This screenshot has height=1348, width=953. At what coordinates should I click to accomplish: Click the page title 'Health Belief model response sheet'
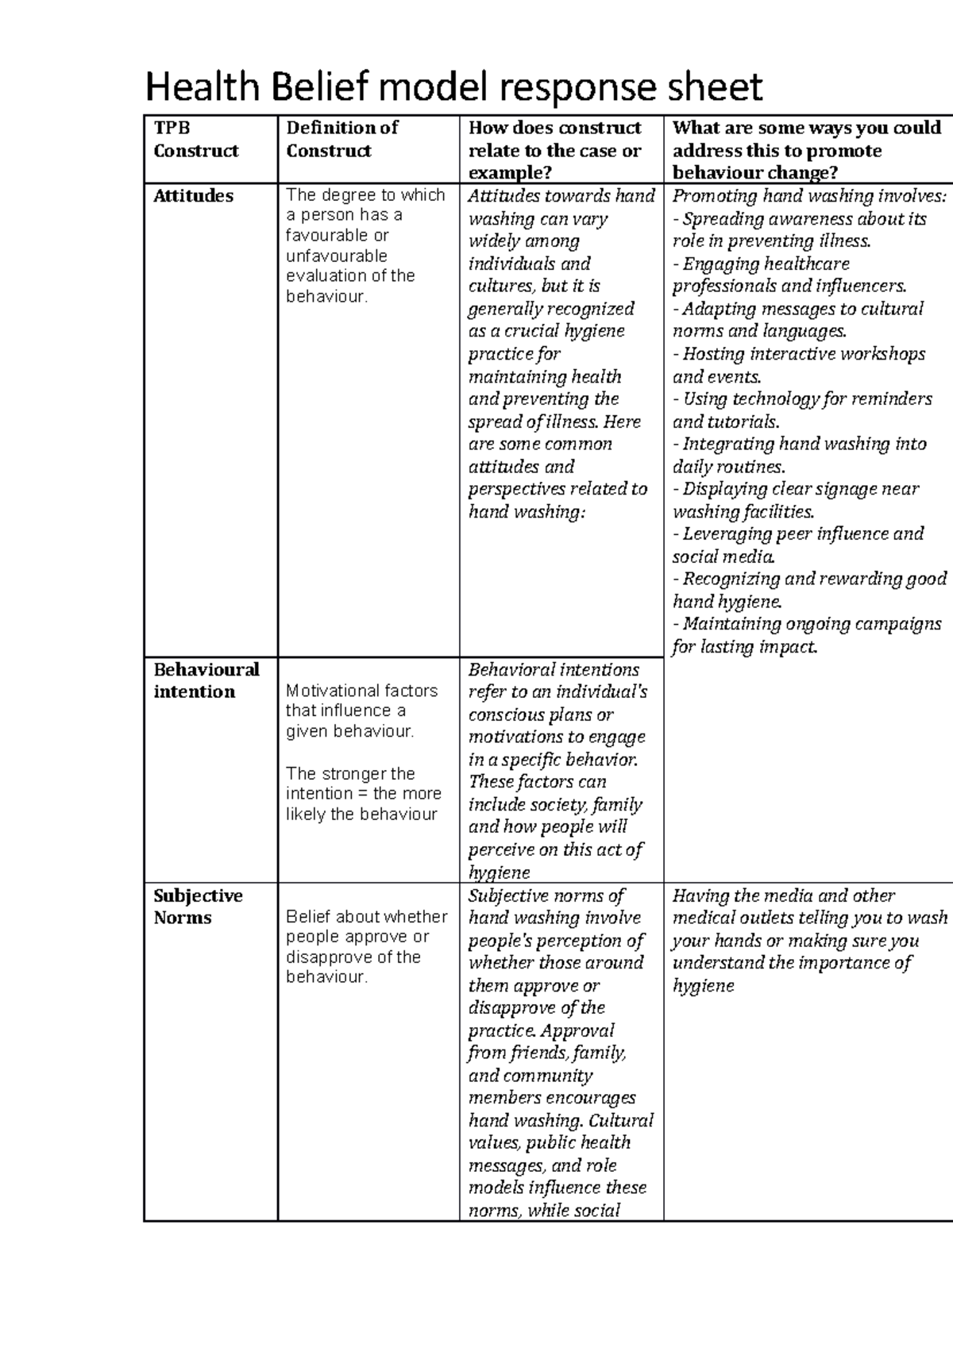(453, 87)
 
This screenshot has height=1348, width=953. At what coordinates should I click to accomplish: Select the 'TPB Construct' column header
(195, 139)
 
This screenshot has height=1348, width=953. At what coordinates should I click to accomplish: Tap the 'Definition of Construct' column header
(341, 139)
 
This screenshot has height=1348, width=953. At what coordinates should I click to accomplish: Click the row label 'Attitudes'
(193, 196)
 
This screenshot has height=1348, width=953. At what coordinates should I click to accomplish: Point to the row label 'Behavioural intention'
(206, 680)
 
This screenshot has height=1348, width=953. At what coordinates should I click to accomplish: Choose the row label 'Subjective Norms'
(198, 907)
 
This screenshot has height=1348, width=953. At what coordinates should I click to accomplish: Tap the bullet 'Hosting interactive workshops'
(803, 354)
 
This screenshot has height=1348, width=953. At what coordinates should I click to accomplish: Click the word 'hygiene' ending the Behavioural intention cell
(499, 872)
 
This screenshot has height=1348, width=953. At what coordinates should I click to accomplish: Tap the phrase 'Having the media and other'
(783, 895)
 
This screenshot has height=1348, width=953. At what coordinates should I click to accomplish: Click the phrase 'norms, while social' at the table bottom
(543, 1211)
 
